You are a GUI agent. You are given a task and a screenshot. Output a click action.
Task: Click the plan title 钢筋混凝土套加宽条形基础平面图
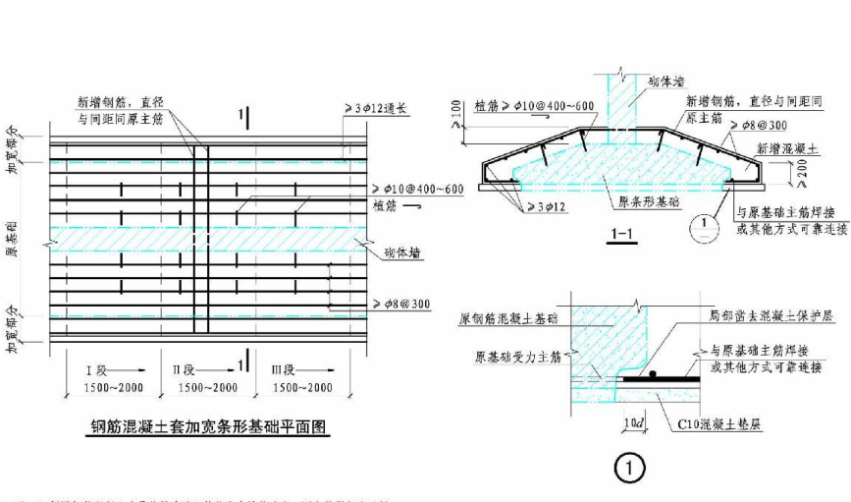point(204,427)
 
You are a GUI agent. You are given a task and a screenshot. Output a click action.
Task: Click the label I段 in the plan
point(99,370)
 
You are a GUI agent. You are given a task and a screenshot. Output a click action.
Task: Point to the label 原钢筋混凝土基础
point(504,319)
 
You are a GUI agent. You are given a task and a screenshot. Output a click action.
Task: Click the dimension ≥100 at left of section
point(456,115)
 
